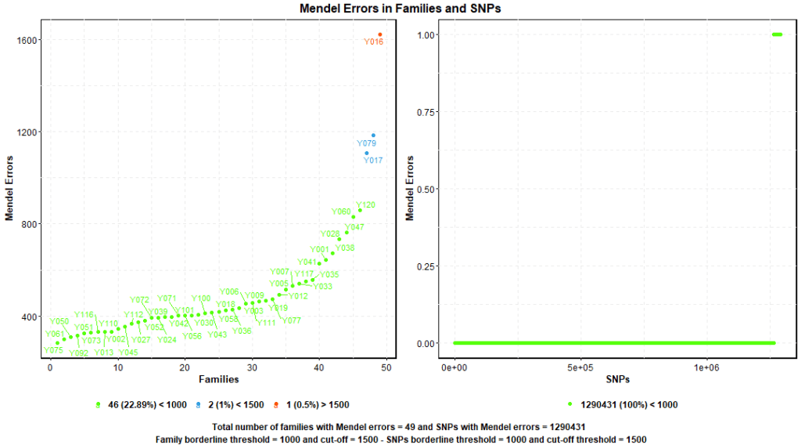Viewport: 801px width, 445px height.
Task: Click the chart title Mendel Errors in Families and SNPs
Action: coord(400,8)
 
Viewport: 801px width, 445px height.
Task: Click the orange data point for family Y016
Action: coord(380,34)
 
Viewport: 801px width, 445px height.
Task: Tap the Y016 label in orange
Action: coord(374,42)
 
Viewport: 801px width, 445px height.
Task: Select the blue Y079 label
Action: coord(366,143)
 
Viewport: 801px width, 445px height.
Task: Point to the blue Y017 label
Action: coord(373,160)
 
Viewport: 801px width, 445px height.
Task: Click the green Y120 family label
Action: coord(366,205)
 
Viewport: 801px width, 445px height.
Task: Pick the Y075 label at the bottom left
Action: coord(53,350)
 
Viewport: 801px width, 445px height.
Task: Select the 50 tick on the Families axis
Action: coord(386,367)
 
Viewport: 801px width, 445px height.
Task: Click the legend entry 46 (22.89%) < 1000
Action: coord(145,405)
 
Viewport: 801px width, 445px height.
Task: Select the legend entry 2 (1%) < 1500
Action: coord(233,405)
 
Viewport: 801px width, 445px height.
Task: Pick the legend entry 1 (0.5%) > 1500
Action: coord(317,405)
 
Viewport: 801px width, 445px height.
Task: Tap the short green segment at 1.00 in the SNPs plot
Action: coord(777,34)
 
